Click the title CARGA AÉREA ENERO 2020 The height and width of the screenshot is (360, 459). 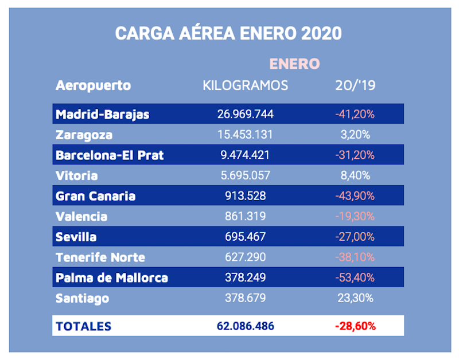(228, 33)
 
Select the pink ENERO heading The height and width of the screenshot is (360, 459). (294, 63)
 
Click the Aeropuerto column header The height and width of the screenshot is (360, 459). (93, 85)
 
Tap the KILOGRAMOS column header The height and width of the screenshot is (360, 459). (245, 85)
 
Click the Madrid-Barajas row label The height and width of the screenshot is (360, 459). (103, 114)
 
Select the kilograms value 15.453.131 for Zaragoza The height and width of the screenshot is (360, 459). (245, 135)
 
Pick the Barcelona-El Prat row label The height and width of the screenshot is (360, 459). (110, 155)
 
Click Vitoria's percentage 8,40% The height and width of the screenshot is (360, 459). (355, 175)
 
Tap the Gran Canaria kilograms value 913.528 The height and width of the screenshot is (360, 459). (245, 196)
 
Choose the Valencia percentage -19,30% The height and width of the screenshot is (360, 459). (355, 217)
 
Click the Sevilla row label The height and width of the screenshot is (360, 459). (76, 237)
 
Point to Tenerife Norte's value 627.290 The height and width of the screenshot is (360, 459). (245, 257)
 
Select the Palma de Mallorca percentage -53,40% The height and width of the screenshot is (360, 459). (355, 278)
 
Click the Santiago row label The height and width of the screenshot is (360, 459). (83, 298)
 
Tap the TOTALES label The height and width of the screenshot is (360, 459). (83, 326)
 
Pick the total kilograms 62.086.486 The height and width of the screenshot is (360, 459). (245, 326)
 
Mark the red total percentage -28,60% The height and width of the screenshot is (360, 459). (355, 326)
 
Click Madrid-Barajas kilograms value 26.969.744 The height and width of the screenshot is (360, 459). (245, 114)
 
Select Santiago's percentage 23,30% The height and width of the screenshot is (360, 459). (355, 298)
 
